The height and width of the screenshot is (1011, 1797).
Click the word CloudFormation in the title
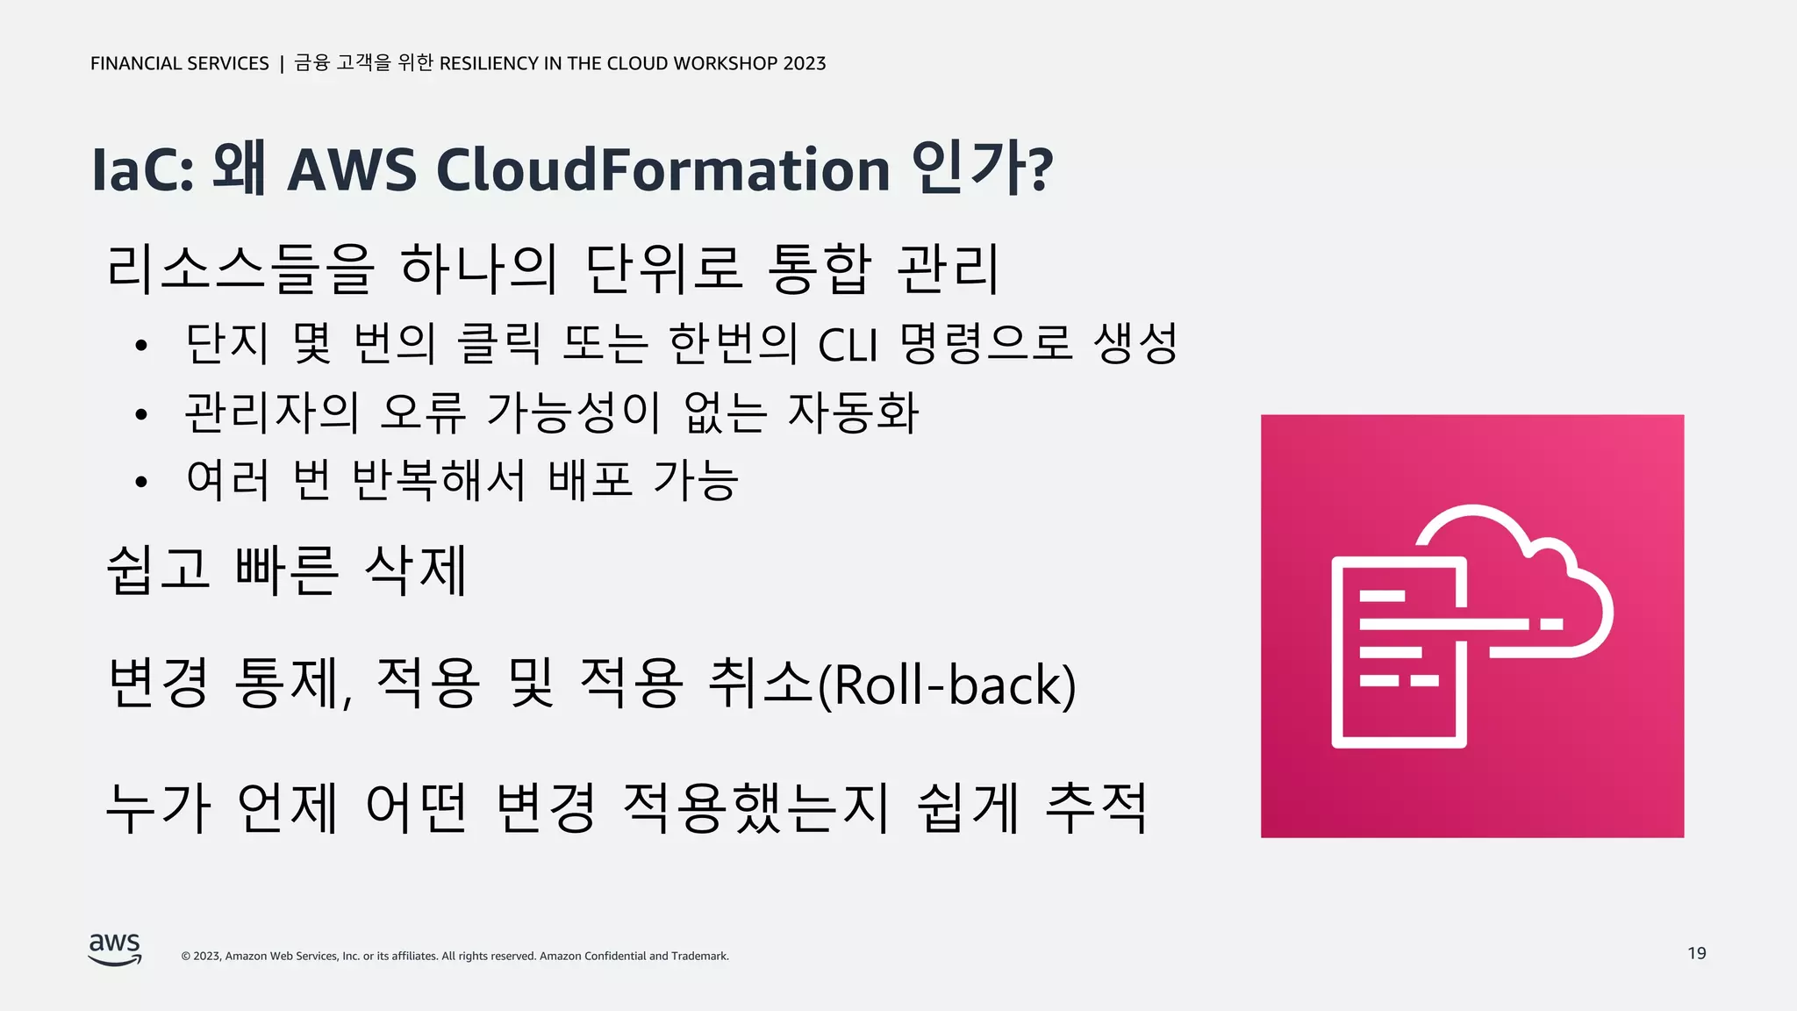tap(663, 169)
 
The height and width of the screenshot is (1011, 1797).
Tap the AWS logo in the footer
tap(115, 950)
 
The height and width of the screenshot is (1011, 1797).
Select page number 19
tap(1696, 953)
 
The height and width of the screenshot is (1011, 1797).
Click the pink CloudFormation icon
tap(1471, 626)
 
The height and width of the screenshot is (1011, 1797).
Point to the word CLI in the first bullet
tap(847, 345)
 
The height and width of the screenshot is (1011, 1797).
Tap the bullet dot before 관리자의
tap(141, 414)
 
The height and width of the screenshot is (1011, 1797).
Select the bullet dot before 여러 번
tap(141, 482)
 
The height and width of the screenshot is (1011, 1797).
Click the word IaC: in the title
tap(142, 169)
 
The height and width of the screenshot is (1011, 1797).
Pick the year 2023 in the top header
tap(805, 63)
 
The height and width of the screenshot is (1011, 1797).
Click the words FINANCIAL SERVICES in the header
tap(180, 63)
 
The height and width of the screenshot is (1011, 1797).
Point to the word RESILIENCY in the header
tap(489, 63)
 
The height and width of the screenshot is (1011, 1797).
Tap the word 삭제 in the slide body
tap(416, 570)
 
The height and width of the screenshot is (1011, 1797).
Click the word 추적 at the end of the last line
tap(1096, 807)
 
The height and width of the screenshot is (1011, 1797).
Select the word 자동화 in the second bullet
tap(853, 412)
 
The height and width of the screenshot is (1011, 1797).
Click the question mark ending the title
tap(1041, 169)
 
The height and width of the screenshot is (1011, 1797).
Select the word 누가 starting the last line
tap(159, 807)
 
